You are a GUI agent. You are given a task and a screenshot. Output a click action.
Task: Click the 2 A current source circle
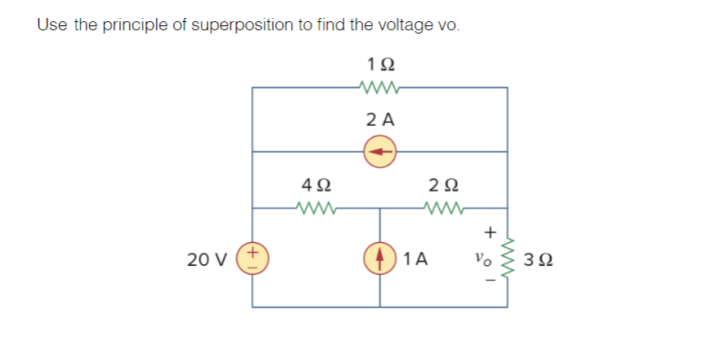379,151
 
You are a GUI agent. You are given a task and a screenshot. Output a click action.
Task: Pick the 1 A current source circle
379,259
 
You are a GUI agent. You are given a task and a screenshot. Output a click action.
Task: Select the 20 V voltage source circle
252,259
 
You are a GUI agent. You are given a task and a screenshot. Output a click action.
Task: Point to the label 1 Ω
379,63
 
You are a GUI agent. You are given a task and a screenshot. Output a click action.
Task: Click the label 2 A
379,119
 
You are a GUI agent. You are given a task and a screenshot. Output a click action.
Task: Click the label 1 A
416,260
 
